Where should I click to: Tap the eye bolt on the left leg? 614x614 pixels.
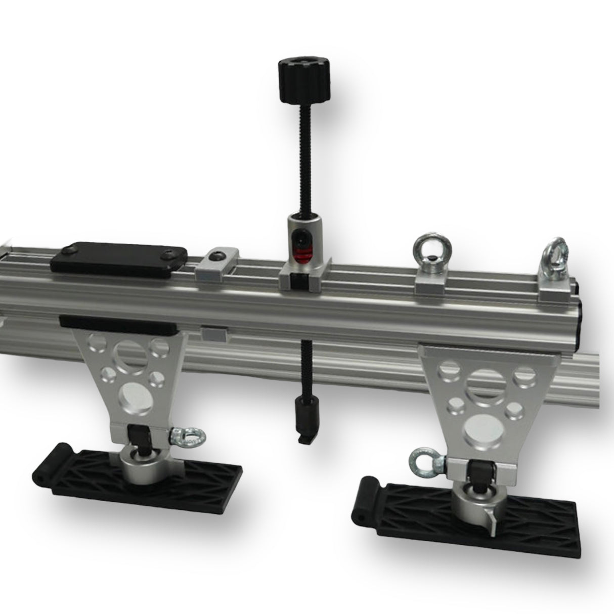click(x=185, y=436)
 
